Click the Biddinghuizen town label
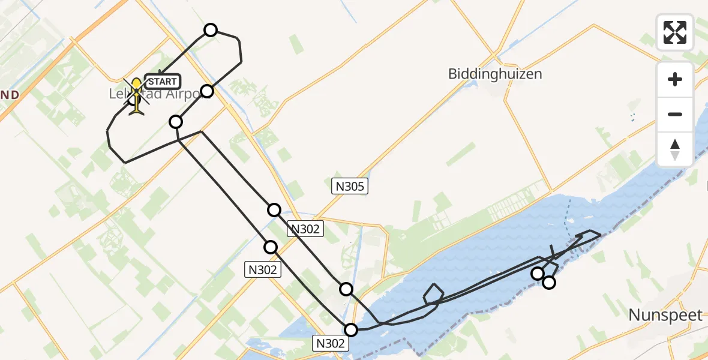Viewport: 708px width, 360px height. (x=495, y=74)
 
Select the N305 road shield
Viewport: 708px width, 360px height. (x=350, y=187)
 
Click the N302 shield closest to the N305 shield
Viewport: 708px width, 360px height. (x=306, y=228)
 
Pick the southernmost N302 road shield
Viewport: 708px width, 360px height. (x=331, y=343)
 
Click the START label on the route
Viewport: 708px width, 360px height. (x=162, y=82)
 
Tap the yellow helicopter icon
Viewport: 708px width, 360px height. (x=137, y=95)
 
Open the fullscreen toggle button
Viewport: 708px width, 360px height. (x=675, y=32)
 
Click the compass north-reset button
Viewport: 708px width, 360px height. (x=675, y=149)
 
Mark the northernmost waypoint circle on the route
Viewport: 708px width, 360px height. (x=211, y=30)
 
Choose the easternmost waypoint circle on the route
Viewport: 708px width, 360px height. (x=549, y=283)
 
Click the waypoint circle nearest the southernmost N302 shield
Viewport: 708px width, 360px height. (x=351, y=329)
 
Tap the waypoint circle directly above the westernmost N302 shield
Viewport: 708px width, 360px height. (x=271, y=247)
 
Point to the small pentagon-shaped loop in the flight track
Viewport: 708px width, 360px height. (x=433, y=294)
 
